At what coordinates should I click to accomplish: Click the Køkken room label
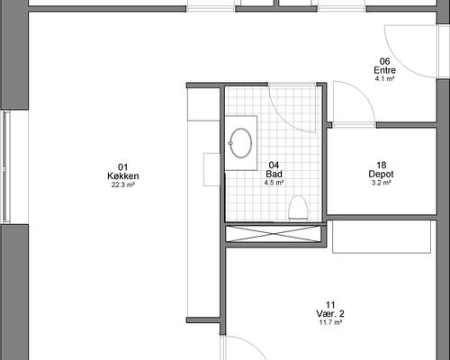click(123, 175)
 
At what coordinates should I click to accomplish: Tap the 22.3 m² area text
click(123, 184)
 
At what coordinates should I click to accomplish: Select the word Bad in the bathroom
click(274, 174)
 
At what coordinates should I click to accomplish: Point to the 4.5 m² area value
click(274, 183)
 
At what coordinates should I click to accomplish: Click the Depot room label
click(381, 174)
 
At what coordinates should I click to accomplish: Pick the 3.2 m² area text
click(381, 183)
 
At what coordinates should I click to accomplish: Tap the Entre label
click(385, 70)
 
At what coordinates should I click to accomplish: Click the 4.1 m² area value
click(385, 79)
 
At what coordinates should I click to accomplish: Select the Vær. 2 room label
click(330, 314)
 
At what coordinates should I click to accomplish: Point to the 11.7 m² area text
click(330, 322)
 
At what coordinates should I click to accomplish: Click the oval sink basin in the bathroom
click(240, 143)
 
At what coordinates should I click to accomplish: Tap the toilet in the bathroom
click(299, 208)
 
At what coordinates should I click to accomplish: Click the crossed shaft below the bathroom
click(274, 233)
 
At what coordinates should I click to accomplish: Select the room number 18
click(382, 165)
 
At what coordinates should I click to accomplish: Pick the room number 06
click(385, 61)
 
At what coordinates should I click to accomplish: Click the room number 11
click(330, 305)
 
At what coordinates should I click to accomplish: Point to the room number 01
click(123, 167)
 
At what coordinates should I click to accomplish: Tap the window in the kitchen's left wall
click(6, 167)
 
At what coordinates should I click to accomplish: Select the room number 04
click(274, 165)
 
